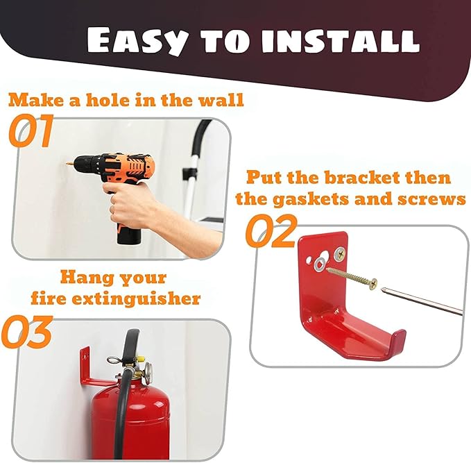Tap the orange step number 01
pos(31,133)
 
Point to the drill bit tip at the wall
pos(69,164)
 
